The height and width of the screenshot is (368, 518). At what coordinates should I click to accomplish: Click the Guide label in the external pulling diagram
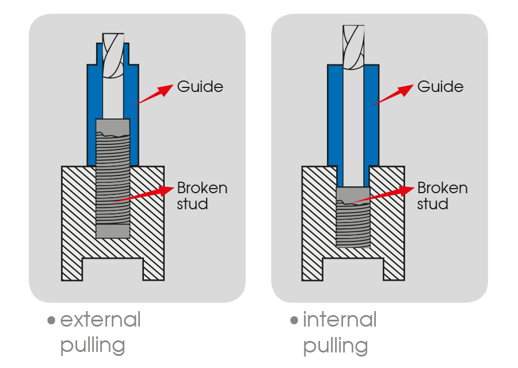coord(200,87)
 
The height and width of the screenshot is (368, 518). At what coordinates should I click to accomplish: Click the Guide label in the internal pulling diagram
coord(440,87)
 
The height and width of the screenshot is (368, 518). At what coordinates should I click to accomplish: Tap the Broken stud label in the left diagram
coord(201,195)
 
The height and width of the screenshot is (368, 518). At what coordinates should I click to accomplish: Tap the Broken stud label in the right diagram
coord(442,195)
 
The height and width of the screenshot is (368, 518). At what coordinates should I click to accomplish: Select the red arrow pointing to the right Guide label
coord(393,95)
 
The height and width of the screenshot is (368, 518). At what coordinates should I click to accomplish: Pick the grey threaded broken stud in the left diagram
coord(113,178)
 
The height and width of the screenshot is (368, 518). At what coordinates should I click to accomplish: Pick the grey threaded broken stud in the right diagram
coord(353,218)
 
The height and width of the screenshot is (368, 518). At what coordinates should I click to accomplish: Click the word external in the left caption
coord(100,320)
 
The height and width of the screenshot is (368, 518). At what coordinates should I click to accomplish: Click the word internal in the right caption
coord(340,320)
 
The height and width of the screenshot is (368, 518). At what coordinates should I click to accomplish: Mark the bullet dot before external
coord(52,321)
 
